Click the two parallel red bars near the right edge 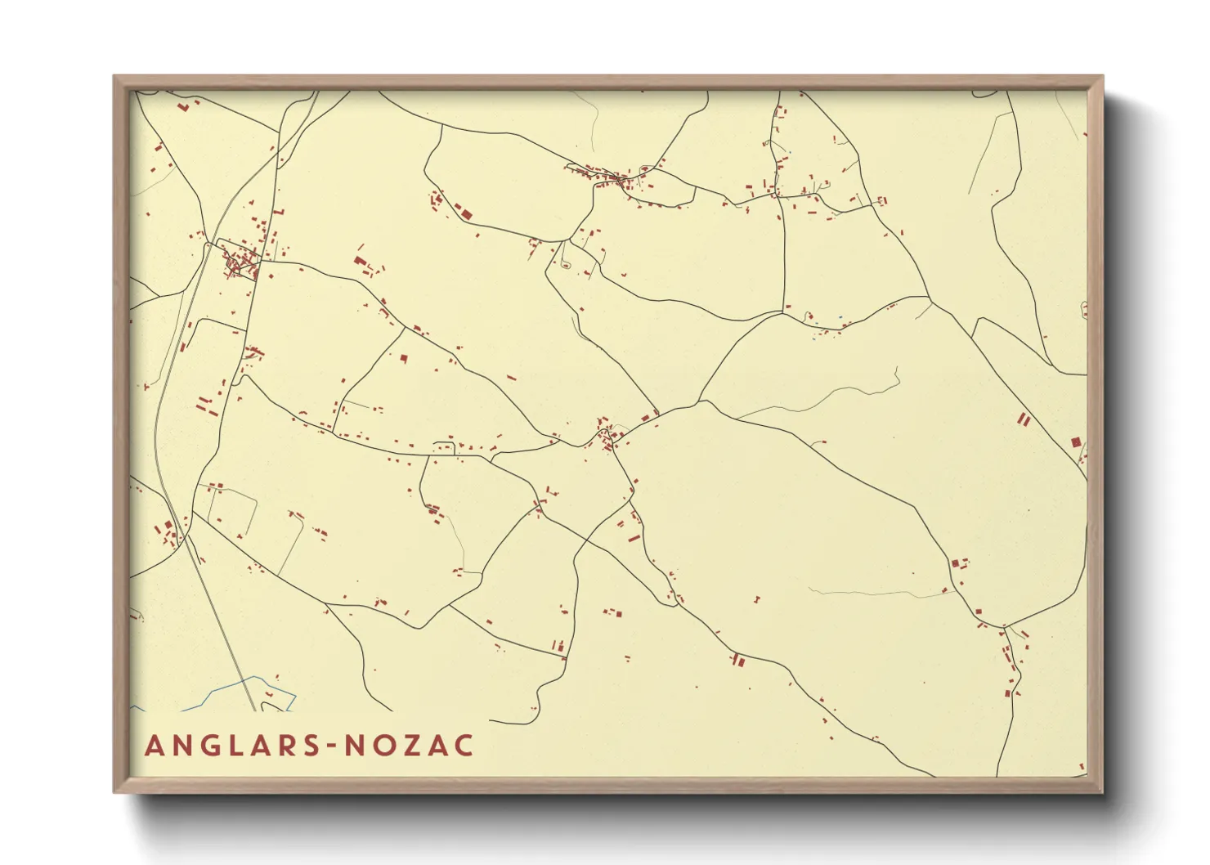1022,419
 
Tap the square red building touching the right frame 1076,442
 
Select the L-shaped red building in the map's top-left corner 185,105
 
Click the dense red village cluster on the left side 239,260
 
